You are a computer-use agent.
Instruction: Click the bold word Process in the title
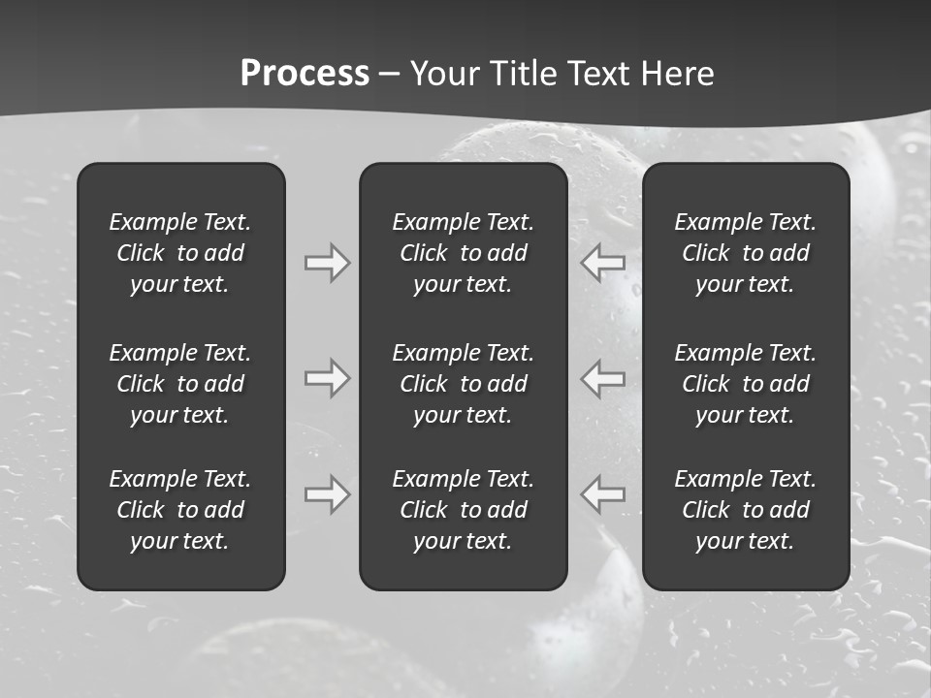click(305, 74)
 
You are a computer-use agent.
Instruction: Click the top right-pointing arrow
click(327, 263)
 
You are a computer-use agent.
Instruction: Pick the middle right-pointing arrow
click(327, 378)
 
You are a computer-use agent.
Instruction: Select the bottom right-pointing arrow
click(327, 494)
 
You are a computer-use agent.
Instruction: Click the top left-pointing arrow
click(603, 263)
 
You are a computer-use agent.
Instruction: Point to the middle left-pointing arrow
click(603, 378)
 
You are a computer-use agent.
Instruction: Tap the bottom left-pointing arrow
click(603, 494)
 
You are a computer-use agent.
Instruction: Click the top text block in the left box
click(180, 253)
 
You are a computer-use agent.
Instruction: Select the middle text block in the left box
click(180, 384)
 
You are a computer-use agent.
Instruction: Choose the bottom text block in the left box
click(180, 510)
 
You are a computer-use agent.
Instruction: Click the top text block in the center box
click(463, 253)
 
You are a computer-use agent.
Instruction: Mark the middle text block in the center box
click(463, 384)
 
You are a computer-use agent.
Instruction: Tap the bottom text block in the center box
click(463, 510)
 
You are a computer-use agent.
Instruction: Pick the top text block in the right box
click(745, 253)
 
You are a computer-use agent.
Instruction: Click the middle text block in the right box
click(745, 384)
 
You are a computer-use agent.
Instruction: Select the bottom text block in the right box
click(745, 510)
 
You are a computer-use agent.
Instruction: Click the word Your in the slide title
click(444, 74)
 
